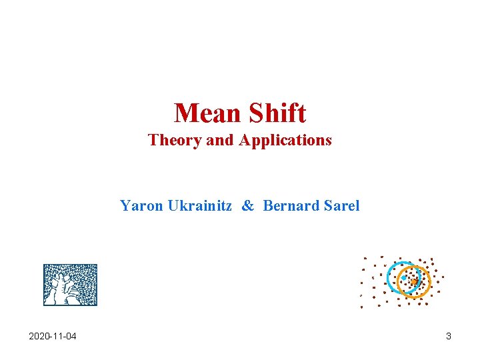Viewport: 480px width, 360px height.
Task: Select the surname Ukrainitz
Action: tap(200, 205)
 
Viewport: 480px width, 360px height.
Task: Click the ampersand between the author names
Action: tap(247, 205)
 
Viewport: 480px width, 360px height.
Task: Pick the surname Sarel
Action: tap(341, 205)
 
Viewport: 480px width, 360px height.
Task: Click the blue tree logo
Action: tap(70, 285)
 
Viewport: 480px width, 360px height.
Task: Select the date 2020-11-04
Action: tap(53, 336)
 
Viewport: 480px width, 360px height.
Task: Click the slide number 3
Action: tap(449, 336)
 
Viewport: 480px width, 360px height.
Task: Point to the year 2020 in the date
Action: tap(39, 336)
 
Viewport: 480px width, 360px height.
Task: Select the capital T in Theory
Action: tap(153, 140)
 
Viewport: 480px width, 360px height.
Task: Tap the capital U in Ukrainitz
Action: tap(173, 205)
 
